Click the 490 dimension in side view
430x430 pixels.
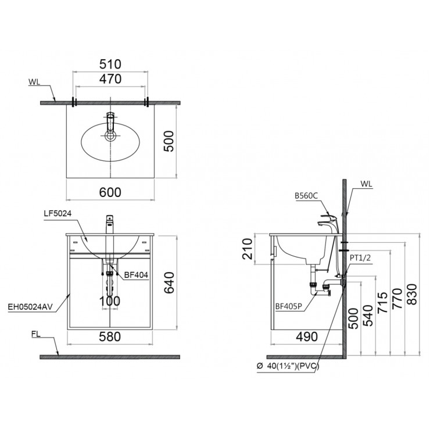click(x=307, y=335)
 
